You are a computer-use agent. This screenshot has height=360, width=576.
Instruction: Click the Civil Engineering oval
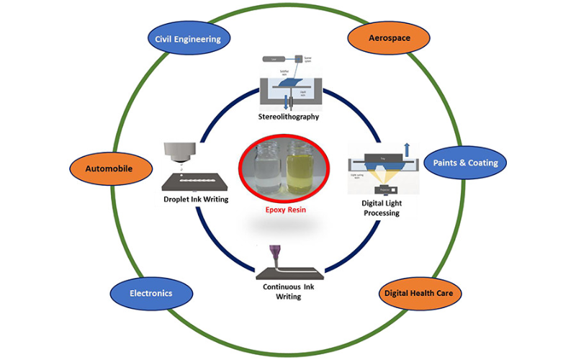click(x=188, y=39)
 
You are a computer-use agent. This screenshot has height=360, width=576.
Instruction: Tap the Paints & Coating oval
click(x=465, y=163)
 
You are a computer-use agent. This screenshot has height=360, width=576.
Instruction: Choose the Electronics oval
click(x=151, y=293)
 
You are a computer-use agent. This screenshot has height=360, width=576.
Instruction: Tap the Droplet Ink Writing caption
click(x=196, y=199)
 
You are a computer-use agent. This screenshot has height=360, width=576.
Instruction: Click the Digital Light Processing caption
click(x=382, y=207)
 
